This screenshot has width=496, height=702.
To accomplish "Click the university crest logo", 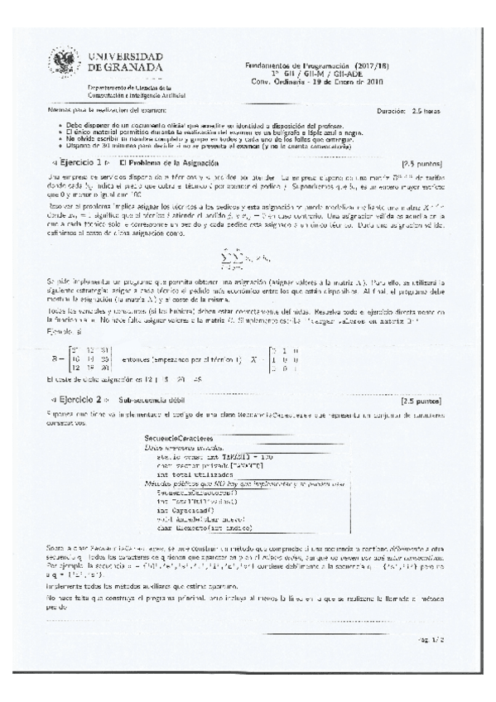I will tap(63, 62).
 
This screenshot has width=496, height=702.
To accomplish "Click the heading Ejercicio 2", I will tap(79, 400).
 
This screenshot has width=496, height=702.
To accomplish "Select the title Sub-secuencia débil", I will tap(152, 400).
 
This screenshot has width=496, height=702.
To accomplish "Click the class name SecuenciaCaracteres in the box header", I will tap(178, 437).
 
